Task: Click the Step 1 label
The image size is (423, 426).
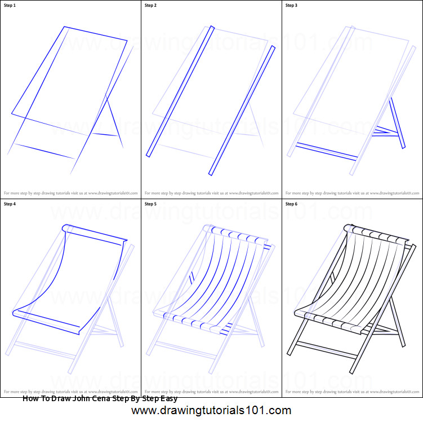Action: [11, 6]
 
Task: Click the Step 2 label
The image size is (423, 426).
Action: [151, 6]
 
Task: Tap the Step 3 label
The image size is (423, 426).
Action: [292, 6]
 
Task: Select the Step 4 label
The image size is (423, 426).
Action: [11, 204]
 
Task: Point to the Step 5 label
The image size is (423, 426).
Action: [151, 204]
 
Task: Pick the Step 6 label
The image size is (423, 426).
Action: [292, 204]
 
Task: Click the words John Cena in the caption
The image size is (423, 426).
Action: [93, 399]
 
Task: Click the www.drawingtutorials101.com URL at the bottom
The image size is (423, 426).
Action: [211, 411]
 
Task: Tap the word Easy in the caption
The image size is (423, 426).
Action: [166, 399]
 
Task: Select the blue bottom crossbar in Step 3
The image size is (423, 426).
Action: [327, 151]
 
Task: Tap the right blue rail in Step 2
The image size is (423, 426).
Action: [242, 110]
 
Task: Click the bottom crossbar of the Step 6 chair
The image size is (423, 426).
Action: [326, 350]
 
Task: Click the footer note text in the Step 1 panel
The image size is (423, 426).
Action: [70, 192]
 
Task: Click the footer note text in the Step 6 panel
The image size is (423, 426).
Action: [352, 390]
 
